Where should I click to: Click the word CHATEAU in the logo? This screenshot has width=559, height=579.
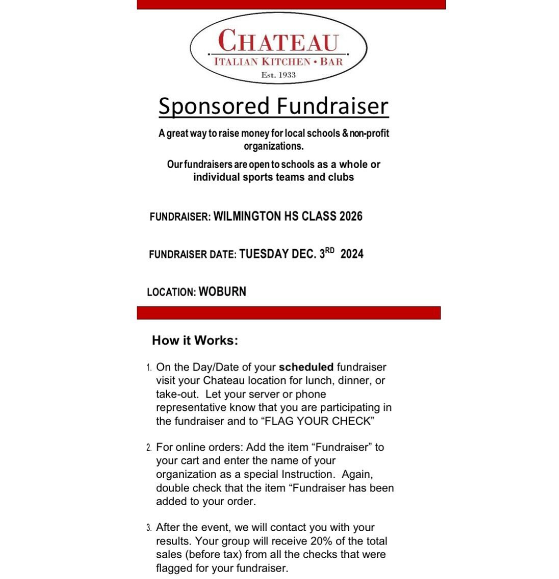tap(278, 41)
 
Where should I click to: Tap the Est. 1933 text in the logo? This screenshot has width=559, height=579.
tap(278, 75)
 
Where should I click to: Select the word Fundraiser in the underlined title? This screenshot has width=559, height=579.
tap(332, 106)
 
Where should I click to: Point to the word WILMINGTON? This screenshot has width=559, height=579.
tap(247, 216)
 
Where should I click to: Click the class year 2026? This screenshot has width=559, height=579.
tap(351, 216)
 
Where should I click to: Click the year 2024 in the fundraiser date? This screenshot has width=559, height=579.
tap(352, 254)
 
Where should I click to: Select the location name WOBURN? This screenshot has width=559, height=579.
tap(222, 291)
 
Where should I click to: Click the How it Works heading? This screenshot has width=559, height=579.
tap(195, 340)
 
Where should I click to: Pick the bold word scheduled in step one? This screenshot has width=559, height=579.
tap(306, 367)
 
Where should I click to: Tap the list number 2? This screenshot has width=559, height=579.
tap(149, 447)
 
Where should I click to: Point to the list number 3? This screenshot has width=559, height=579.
tap(149, 527)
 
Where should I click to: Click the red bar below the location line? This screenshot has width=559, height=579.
tap(288, 313)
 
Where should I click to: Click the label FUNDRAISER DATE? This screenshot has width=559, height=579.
tap(192, 254)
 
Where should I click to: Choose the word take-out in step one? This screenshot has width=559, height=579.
tap(178, 394)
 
